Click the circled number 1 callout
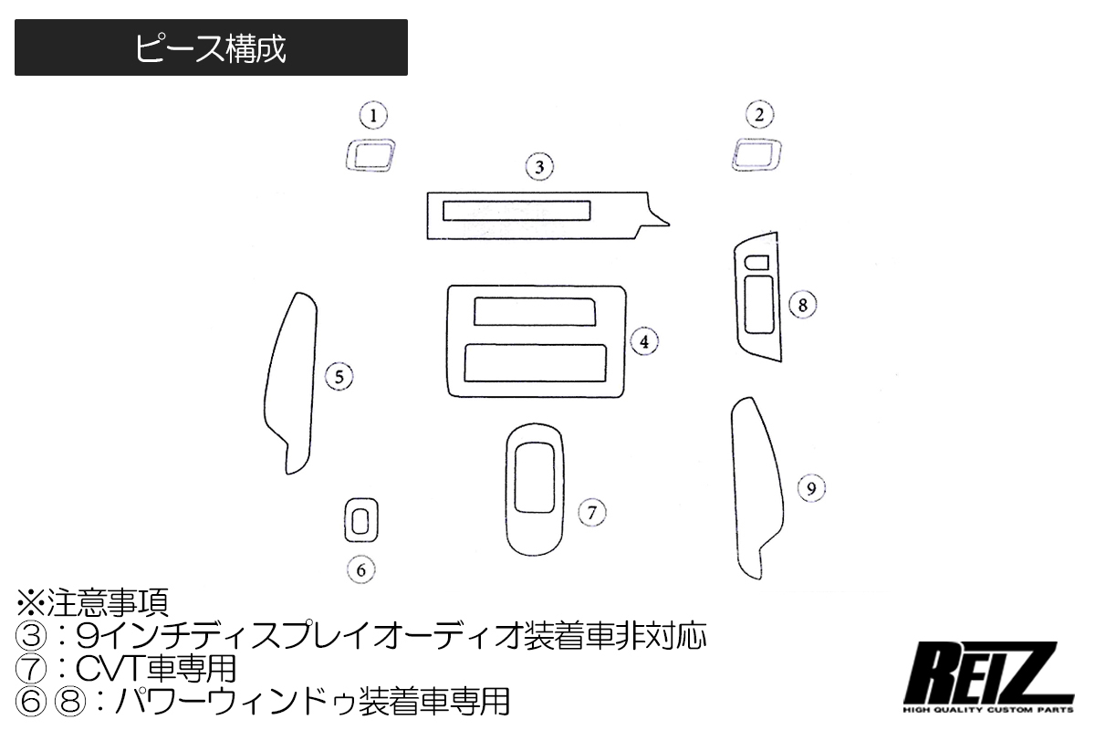click(372, 116)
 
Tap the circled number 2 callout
click(759, 115)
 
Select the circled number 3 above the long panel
click(540, 167)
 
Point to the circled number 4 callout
click(644, 342)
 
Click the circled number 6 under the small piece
click(361, 570)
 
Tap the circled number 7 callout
click(591, 512)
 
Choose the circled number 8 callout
click(803, 304)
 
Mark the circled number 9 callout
click(811, 489)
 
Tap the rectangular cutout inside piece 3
click(516, 211)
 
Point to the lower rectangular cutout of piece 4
click(535, 362)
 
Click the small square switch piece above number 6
click(361, 522)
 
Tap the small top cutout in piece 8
click(756, 263)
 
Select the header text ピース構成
click(211, 49)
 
